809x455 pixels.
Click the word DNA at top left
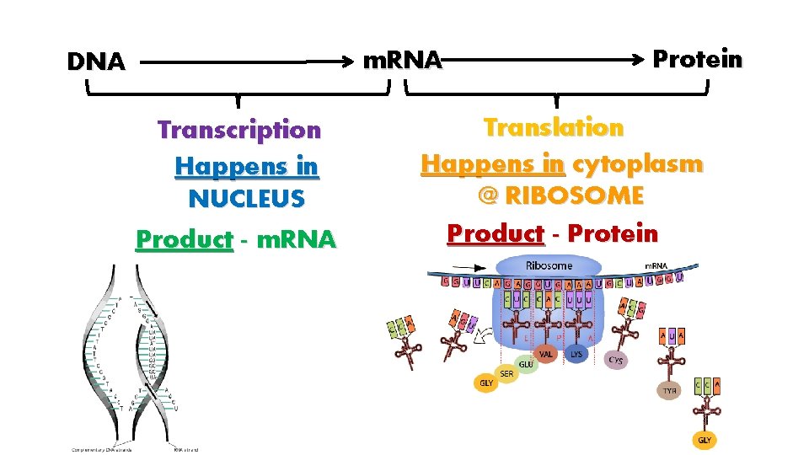tap(96, 62)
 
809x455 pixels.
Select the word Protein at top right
tap(698, 59)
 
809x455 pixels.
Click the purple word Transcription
tap(239, 130)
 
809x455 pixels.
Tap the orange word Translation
tap(553, 127)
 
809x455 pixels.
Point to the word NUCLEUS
tap(246, 199)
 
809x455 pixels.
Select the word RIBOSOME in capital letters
tap(573, 196)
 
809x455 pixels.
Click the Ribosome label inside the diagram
tap(549, 265)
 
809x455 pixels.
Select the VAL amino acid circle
tap(546, 355)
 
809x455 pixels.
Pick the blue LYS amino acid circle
tap(576, 355)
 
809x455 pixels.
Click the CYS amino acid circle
tap(616, 360)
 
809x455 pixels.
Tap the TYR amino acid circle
tap(669, 391)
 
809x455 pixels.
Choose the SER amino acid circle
tap(506, 373)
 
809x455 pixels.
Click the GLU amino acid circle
tap(527, 364)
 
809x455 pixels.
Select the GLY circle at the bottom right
tap(704, 440)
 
